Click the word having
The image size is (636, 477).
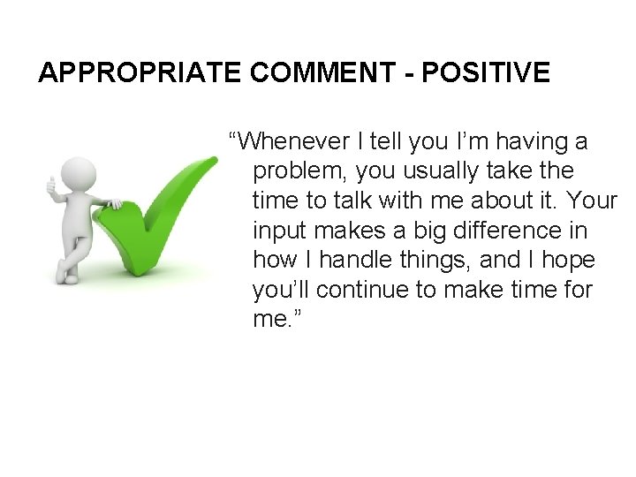click(516, 140)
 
